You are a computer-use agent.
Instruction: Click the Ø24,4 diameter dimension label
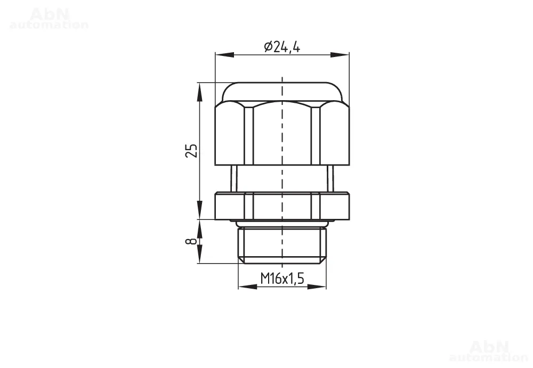point(282,47)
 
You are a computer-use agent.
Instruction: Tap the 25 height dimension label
point(191,151)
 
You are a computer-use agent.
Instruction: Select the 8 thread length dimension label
point(191,241)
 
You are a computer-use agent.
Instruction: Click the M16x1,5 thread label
point(282,279)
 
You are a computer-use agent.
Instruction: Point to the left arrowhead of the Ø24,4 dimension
point(224,55)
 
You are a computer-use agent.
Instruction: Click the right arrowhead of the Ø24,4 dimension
point(340,55)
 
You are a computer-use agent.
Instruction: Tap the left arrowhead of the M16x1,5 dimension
point(247,287)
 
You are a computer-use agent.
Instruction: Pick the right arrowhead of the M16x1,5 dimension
point(317,287)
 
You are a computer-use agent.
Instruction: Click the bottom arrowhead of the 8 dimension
point(199,253)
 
